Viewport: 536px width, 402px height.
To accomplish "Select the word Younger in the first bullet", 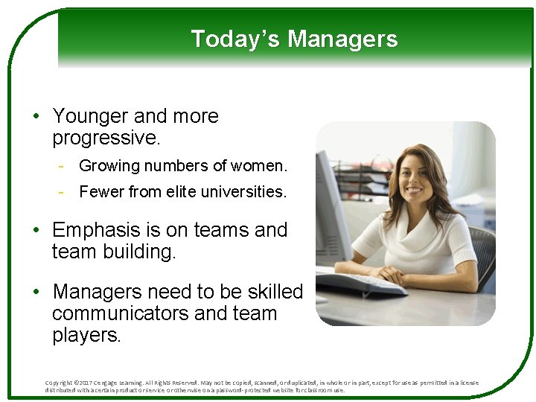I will (x=90, y=117).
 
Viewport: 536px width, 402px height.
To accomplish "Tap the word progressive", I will (x=106, y=138).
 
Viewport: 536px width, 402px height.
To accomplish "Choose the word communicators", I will (x=120, y=313).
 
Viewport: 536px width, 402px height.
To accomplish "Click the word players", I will (x=85, y=335).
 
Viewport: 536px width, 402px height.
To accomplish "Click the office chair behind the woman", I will (x=482, y=253).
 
